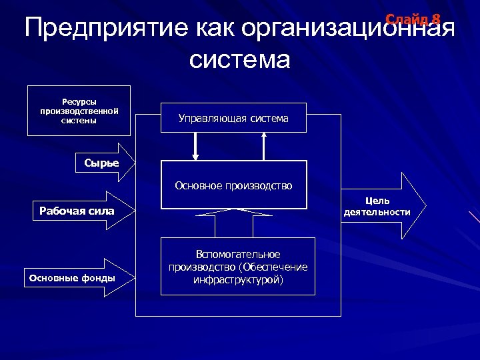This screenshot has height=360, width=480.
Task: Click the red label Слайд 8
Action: pyautogui.click(x=413, y=19)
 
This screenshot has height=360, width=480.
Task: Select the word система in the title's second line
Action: pyautogui.click(x=239, y=60)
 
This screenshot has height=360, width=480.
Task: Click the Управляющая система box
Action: pyautogui.click(x=233, y=119)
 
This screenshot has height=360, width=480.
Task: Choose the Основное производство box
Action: pyautogui.click(x=233, y=185)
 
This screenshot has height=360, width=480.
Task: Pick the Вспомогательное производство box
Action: pyautogui.click(x=238, y=267)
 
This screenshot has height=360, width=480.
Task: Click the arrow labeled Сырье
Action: pyautogui.click(x=103, y=163)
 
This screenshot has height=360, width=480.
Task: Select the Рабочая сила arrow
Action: pyautogui.click(x=83, y=211)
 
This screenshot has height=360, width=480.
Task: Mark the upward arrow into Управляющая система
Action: pyautogui.click(x=265, y=146)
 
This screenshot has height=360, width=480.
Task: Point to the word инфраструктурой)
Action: pyautogui.click(x=238, y=280)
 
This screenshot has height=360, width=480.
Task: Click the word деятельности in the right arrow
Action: pyautogui.click(x=377, y=212)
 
